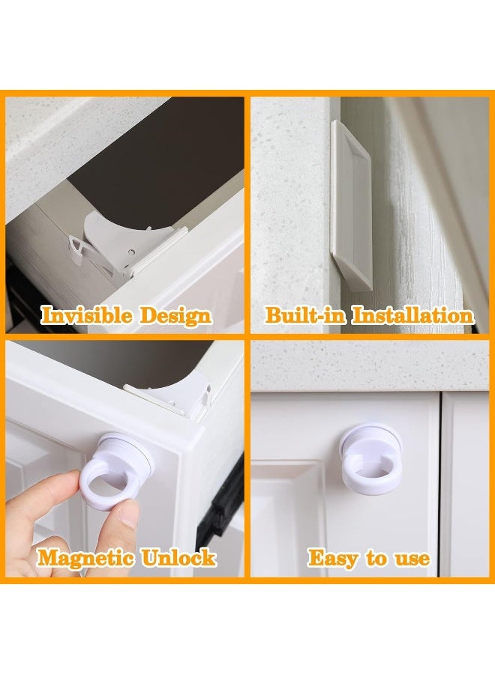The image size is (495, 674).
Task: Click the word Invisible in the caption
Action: tap(81, 315)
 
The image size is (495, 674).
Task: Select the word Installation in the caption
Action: tap(413, 315)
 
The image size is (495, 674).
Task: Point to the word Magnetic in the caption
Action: tap(85, 558)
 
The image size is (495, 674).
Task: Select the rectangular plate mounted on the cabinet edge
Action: tap(352, 202)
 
